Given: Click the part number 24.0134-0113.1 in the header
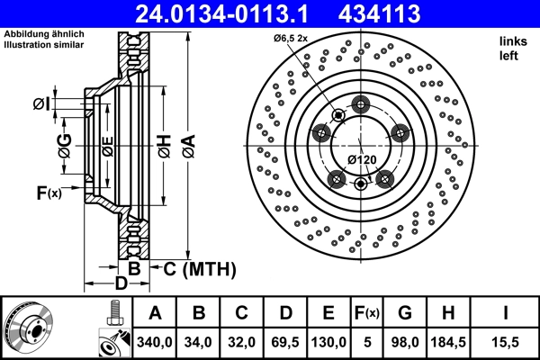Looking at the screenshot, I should (231, 13).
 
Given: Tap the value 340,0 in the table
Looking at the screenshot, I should (155, 342).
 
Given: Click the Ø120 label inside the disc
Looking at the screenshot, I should (362, 160).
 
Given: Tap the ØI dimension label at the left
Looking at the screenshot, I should (40, 105).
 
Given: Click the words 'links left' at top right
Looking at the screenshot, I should (510, 49).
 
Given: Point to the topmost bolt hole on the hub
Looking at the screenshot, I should (362, 103).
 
